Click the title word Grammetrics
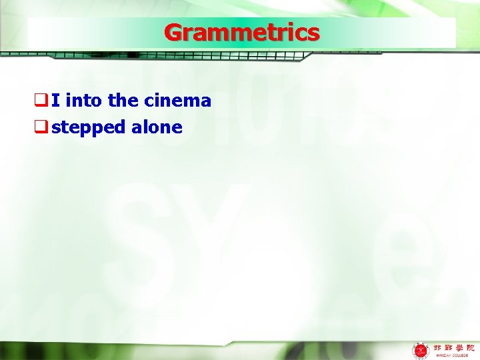241,32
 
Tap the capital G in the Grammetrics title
173,32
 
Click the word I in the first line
55,101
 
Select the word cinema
178,101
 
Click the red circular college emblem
421,349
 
